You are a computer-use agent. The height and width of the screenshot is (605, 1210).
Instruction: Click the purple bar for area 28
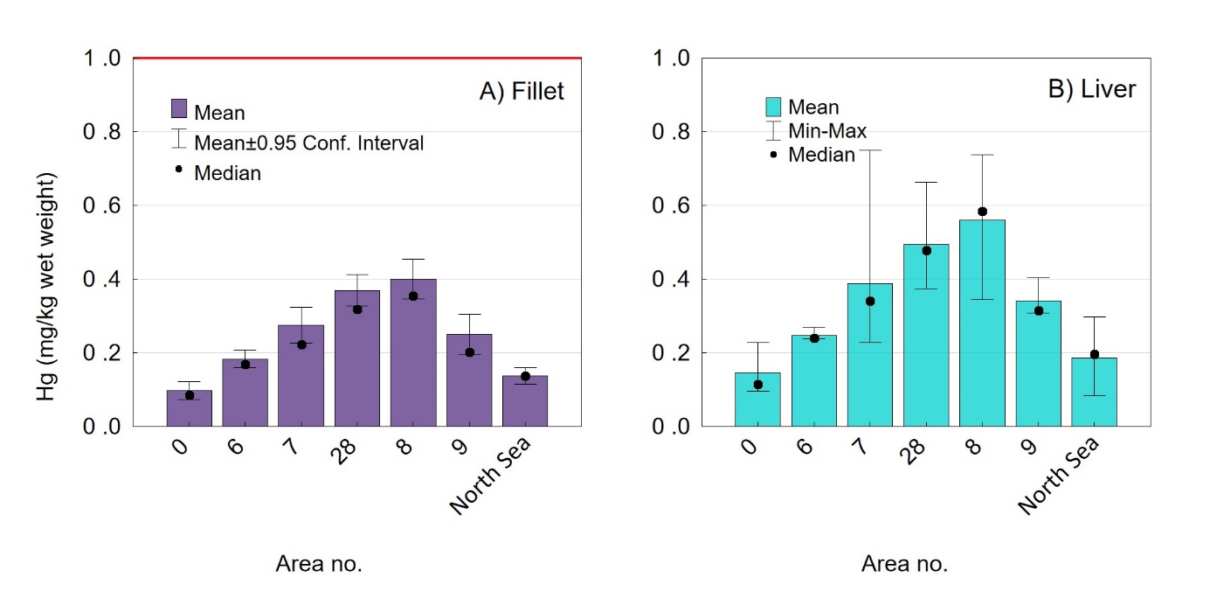pos(356,358)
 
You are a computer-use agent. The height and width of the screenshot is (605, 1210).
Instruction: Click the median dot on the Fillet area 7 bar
pos(301,344)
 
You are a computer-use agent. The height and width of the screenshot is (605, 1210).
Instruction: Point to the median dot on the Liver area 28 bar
pos(926,250)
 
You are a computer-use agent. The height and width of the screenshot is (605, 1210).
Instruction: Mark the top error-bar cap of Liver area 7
pos(870,150)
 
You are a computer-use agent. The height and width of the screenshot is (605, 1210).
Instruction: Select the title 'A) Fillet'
pos(522,91)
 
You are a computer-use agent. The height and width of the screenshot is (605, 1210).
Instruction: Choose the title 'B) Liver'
pos(1092,89)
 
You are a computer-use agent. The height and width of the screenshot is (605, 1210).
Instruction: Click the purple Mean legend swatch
pos(179,109)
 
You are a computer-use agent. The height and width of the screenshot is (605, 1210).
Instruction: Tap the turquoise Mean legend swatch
pos(773,107)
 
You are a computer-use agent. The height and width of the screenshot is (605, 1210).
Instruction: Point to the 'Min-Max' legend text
pos(827,131)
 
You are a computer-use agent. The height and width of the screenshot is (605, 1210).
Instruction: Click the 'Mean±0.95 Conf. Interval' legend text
pos(308,143)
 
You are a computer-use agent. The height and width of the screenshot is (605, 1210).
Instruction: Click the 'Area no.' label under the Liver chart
pos(904,564)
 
